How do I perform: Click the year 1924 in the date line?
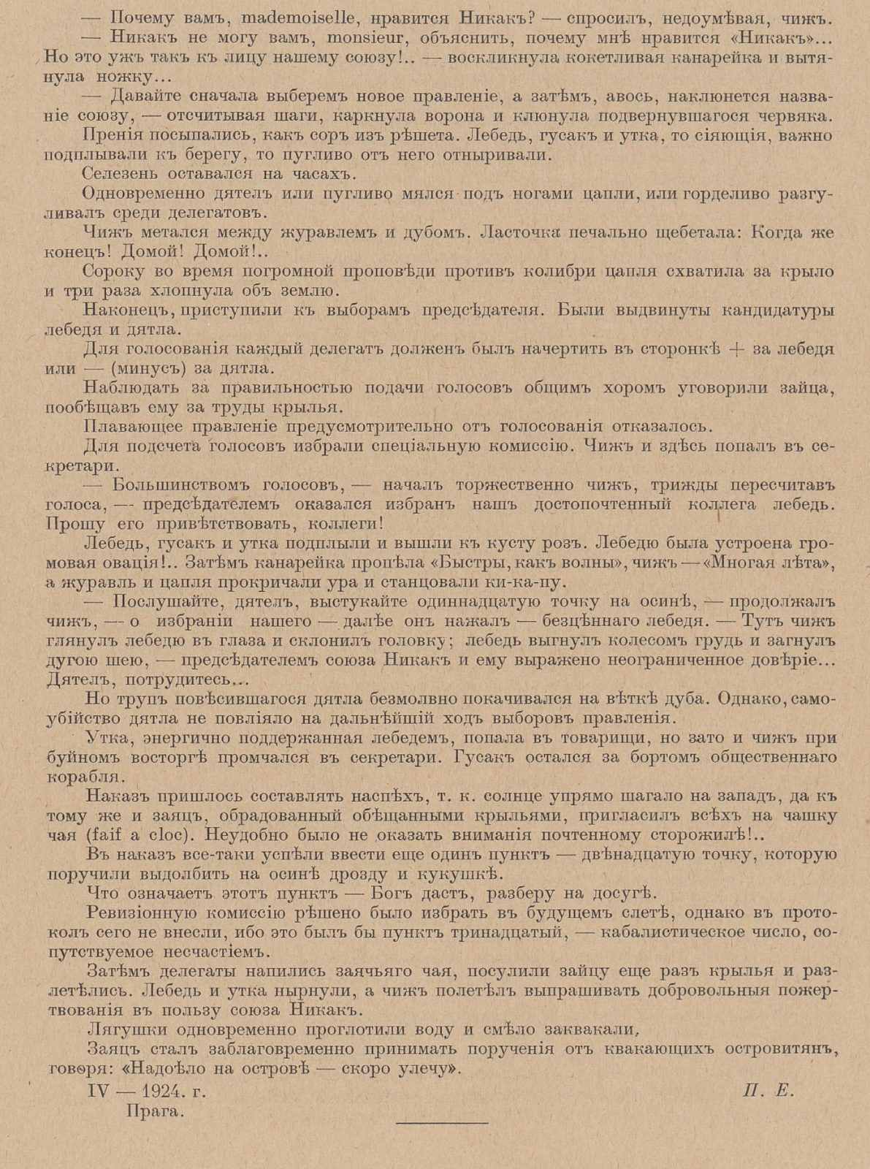(166, 1092)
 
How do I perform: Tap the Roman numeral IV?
(101, 1092)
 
